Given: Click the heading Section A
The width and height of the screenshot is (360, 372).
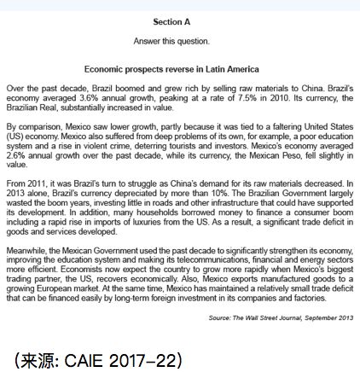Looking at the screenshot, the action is coord(171,21).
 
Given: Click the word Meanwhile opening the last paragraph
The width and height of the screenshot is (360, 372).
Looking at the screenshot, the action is coord(25,240).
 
